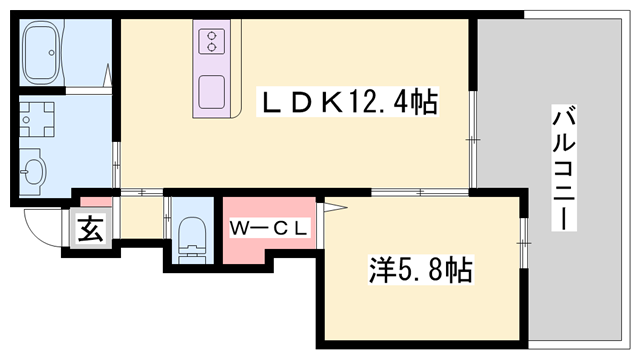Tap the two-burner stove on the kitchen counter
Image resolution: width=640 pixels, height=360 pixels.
[x=212, y=42]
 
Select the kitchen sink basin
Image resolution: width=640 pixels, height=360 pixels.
[x=212, y=92]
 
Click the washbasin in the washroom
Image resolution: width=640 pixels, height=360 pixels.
[x=33, y=172]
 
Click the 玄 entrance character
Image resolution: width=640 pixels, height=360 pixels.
[x=90, y=230]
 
